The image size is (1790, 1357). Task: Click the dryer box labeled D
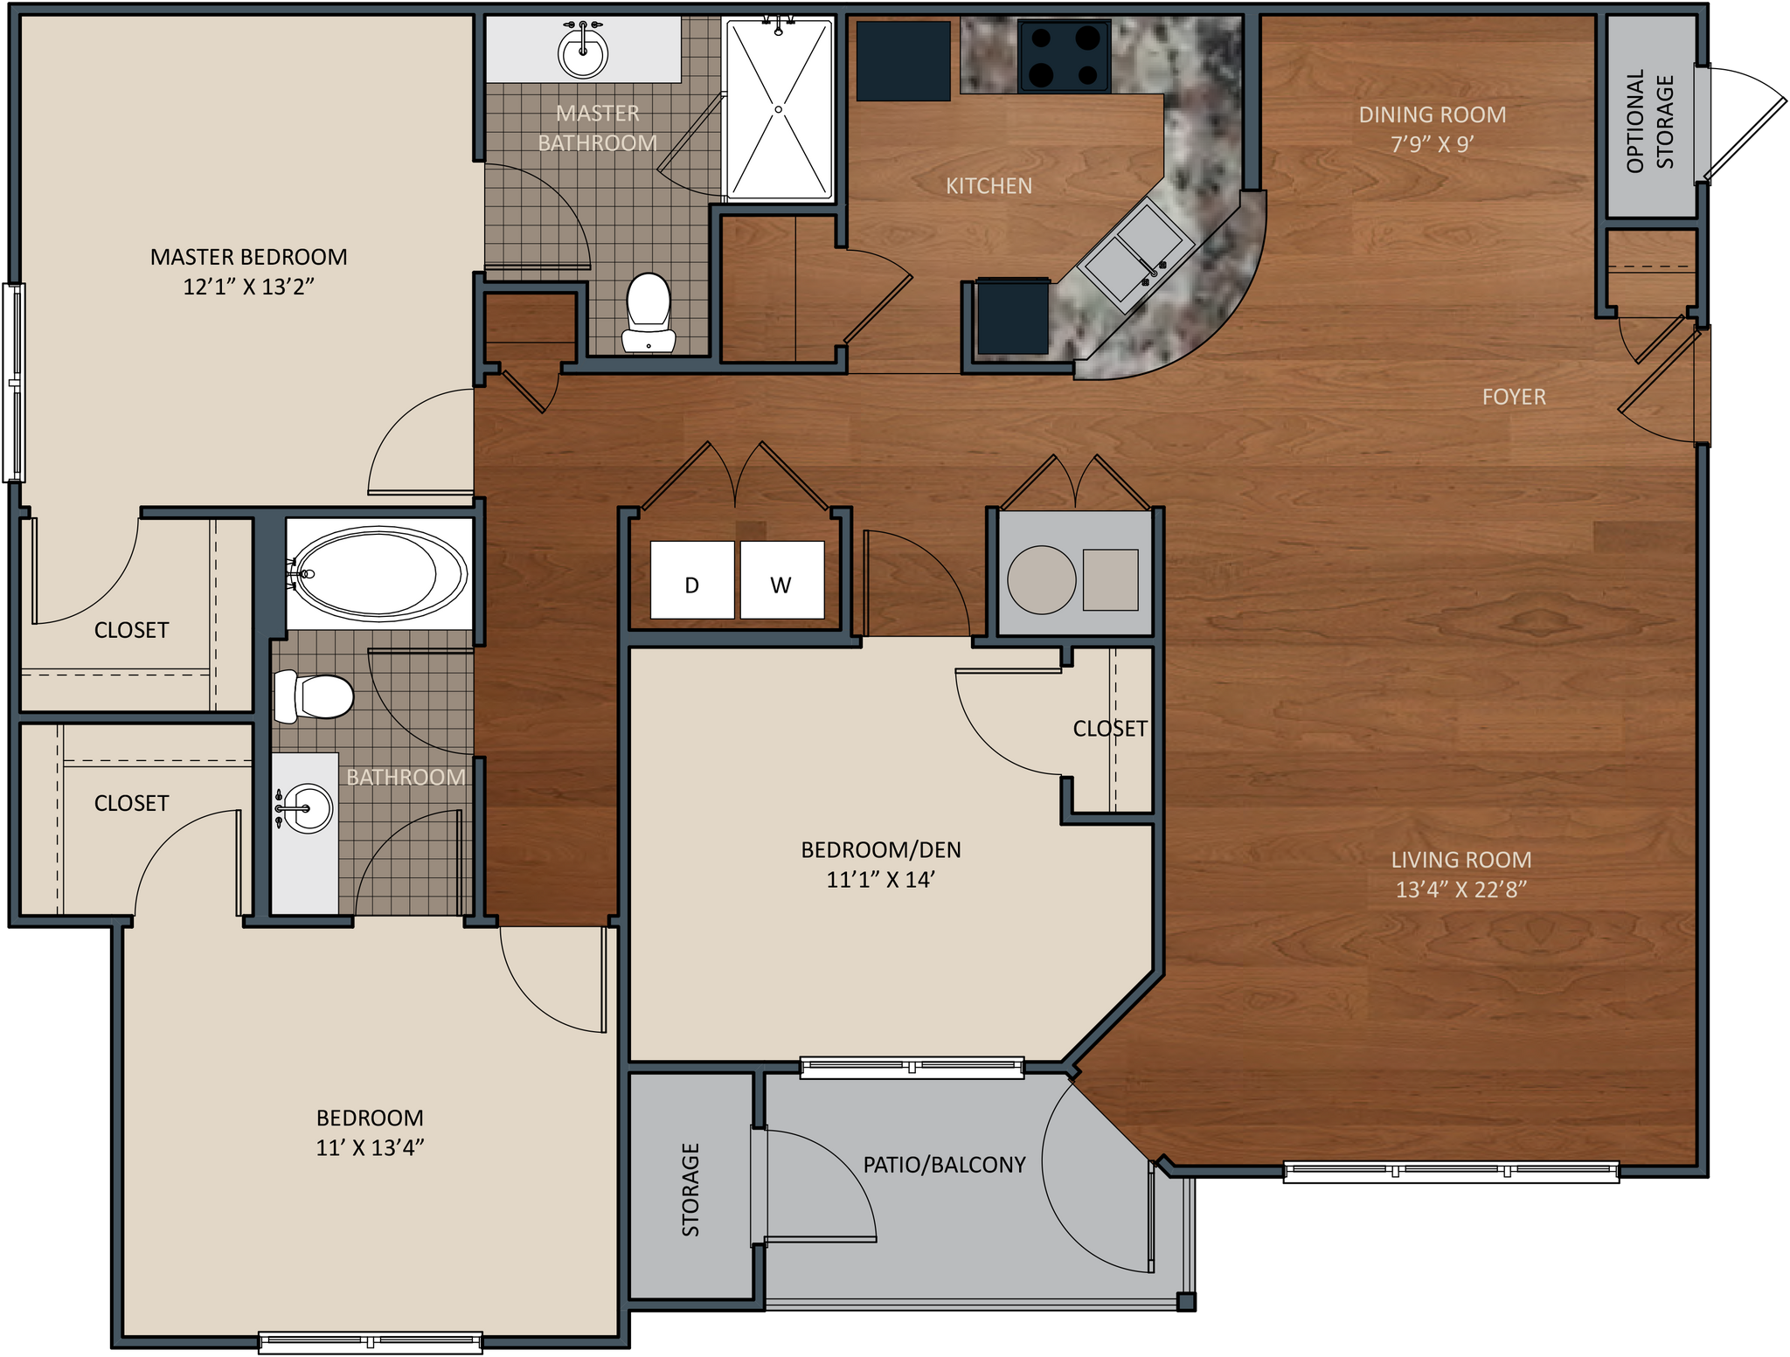(692, 580)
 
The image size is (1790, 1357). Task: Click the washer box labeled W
(782, 580)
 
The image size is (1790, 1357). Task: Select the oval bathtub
(378, 573)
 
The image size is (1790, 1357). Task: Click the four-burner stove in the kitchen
(1064, 57)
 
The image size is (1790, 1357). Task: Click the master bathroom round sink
(582, 53)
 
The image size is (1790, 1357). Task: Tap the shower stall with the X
(779, 109)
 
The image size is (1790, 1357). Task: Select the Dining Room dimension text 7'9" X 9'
(1433, 144)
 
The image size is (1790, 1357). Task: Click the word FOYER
(1514, 397)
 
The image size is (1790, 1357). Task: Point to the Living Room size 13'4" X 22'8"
(1460, 890)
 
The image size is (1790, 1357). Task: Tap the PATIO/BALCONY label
(944, 1164)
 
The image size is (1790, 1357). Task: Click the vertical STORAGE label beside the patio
(690, 1189)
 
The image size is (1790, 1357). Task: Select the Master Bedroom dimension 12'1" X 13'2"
(248, 287)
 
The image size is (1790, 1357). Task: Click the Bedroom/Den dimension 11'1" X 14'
(880, 879)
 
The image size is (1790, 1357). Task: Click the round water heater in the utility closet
(1041, 580)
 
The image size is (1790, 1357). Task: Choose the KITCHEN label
(989, 185)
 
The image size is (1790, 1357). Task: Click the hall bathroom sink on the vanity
(307, 808)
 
